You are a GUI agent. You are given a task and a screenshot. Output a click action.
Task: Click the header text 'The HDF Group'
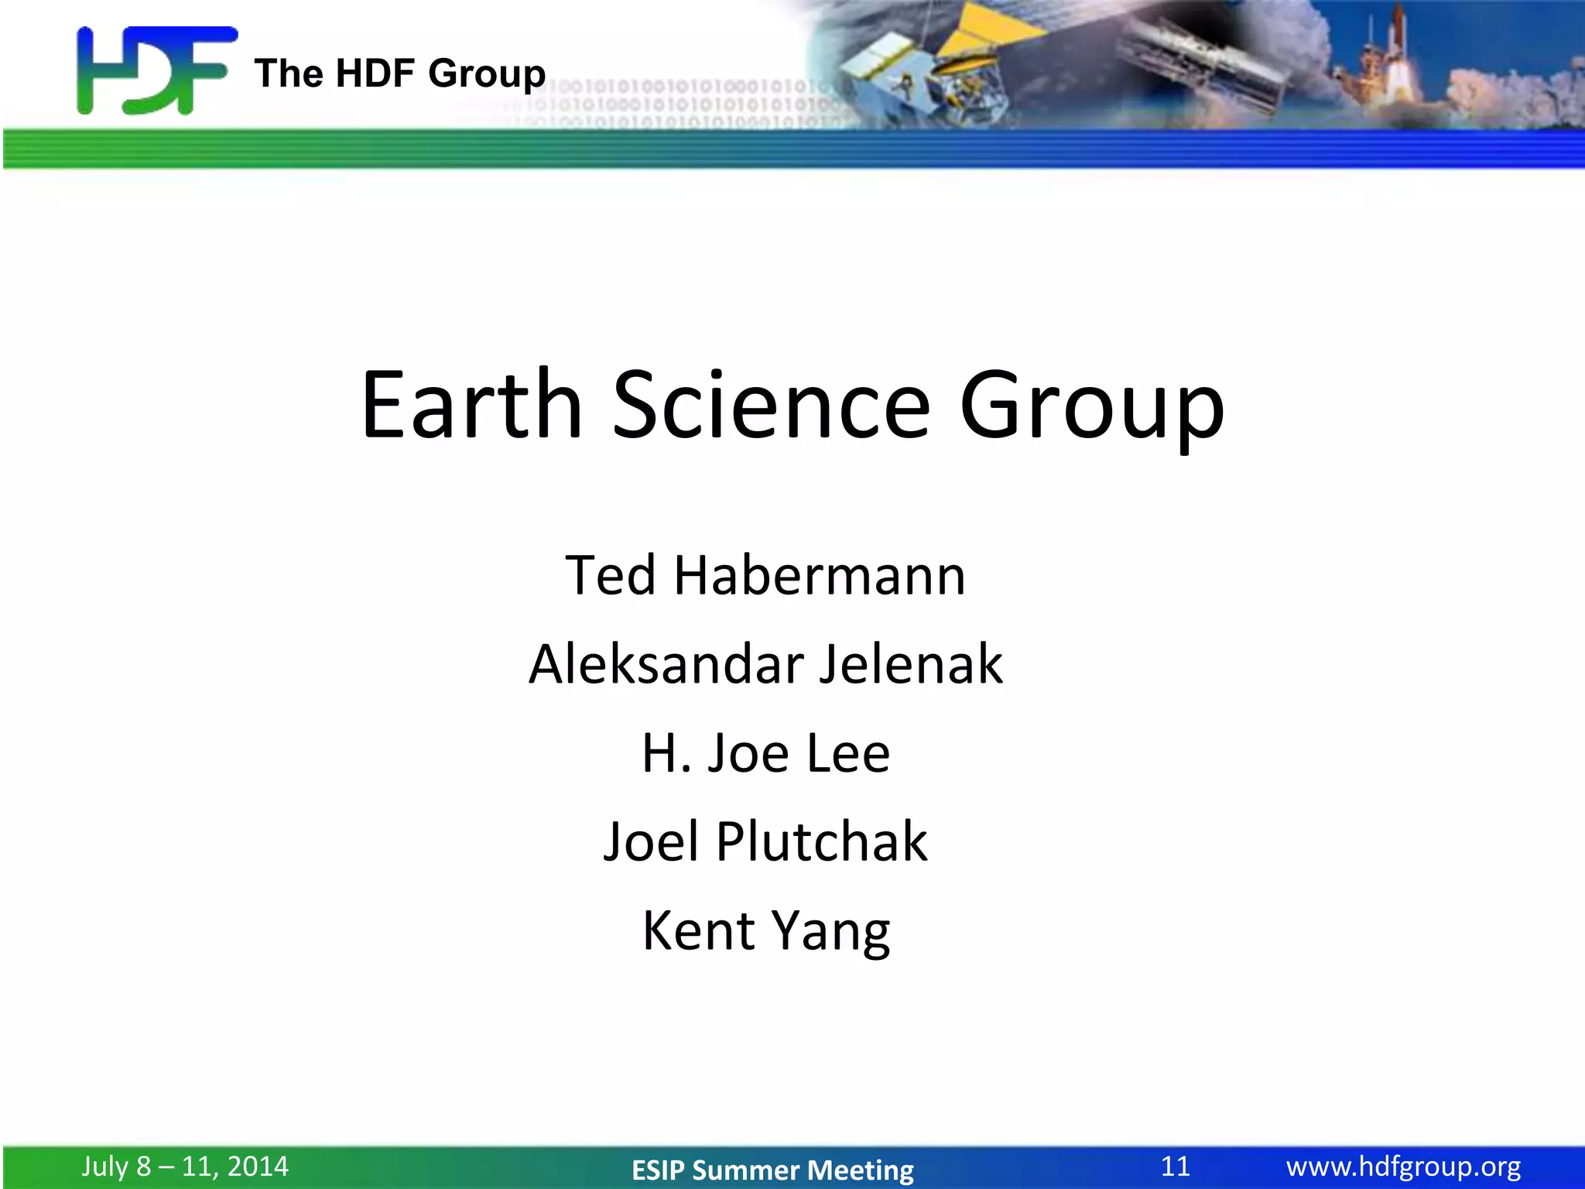coord(399,74)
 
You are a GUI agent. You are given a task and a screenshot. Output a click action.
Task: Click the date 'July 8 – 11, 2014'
coord(185,1166)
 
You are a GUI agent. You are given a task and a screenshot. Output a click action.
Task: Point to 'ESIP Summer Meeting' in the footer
coord(772,1170)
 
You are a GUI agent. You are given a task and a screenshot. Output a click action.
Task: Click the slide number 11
coord(1175,1166)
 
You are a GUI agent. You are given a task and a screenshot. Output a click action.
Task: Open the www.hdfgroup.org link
coord(1403,1166)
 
